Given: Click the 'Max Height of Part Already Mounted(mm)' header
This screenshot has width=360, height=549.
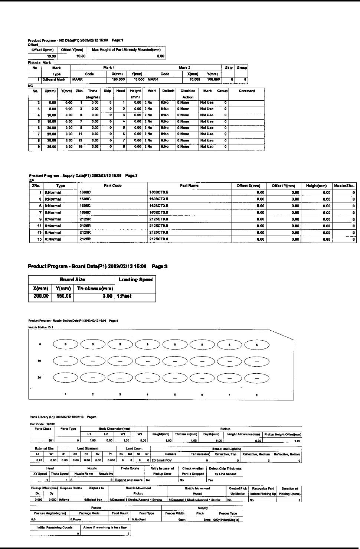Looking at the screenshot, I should point(126,50).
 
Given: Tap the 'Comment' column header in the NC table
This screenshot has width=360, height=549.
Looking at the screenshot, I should point(246,91).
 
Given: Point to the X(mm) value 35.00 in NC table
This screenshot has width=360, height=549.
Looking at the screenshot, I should point(50,147).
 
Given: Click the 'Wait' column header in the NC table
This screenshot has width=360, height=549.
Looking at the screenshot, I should point(151,91).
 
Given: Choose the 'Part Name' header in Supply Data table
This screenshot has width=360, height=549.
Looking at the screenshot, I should point(189,186).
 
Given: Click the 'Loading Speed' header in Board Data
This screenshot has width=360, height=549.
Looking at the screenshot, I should point(136,280).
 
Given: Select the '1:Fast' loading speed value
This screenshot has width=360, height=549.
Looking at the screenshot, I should point(124,296).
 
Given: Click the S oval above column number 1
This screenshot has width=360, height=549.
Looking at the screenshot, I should point(66,345).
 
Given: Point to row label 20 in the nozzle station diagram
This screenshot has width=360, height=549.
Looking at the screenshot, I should point(40,377).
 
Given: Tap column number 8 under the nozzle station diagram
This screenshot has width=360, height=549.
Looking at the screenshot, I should point(257,394).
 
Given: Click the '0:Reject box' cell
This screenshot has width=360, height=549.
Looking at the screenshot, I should point(94,500).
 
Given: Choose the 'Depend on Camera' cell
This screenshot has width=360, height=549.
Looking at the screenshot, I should point(130,480).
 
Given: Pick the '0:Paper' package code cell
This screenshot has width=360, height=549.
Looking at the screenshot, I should point(76,520).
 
